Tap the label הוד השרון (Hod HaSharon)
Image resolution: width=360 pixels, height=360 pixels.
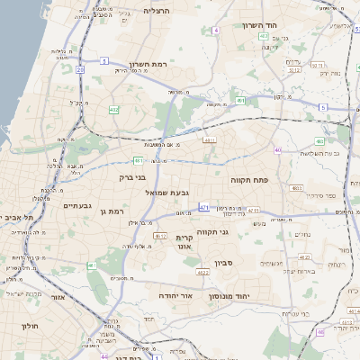[257, 25]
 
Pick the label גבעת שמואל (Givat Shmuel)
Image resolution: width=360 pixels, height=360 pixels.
[167, 192]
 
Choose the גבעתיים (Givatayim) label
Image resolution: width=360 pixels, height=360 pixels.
[77, 205]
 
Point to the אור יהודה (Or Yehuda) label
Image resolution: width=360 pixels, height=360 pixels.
[174, 295]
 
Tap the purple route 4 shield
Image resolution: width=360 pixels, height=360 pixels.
[216, 31]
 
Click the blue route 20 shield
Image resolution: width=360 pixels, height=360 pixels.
[80, 68]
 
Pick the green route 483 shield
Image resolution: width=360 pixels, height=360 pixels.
[319, 141]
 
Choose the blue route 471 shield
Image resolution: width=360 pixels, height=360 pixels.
[204, 207]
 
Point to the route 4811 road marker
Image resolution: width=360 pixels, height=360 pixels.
[210, 140]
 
